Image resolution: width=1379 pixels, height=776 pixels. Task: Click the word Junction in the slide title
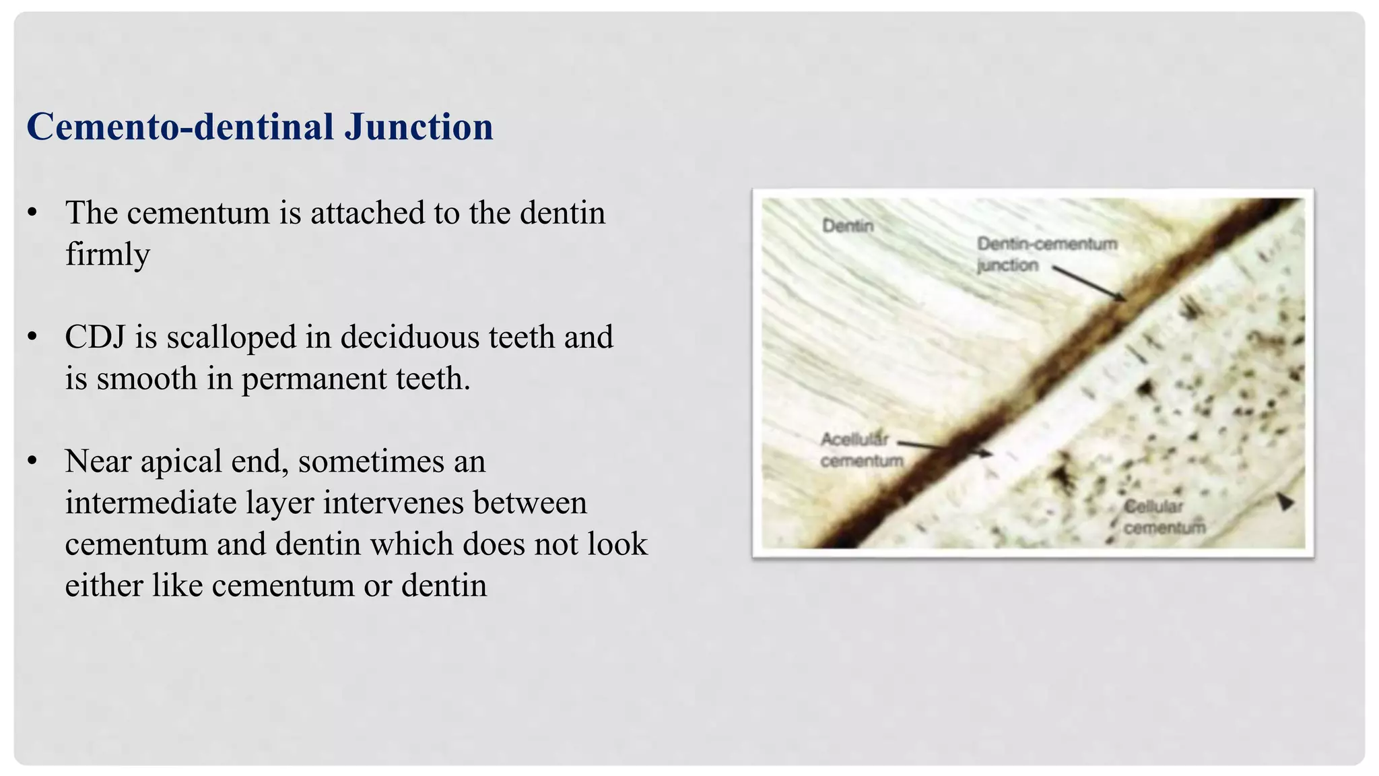418,127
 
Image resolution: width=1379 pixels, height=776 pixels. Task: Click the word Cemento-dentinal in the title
180,127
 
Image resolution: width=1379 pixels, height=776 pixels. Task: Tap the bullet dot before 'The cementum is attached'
32,214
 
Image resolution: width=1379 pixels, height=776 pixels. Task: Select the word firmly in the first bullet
107,255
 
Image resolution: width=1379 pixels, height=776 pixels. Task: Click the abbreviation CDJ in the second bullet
94,337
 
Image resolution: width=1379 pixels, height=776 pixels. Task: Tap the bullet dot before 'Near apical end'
32,461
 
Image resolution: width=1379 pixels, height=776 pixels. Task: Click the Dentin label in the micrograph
847,226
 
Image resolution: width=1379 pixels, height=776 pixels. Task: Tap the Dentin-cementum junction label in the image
1046,254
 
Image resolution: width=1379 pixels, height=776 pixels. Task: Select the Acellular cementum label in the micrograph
861,450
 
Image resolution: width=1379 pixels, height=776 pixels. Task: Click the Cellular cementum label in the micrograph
1164,517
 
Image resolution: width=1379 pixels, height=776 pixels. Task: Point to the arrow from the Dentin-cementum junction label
1089,284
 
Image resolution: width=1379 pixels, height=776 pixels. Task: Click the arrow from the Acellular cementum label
945,448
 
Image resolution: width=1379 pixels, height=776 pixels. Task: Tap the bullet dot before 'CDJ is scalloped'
32,337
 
